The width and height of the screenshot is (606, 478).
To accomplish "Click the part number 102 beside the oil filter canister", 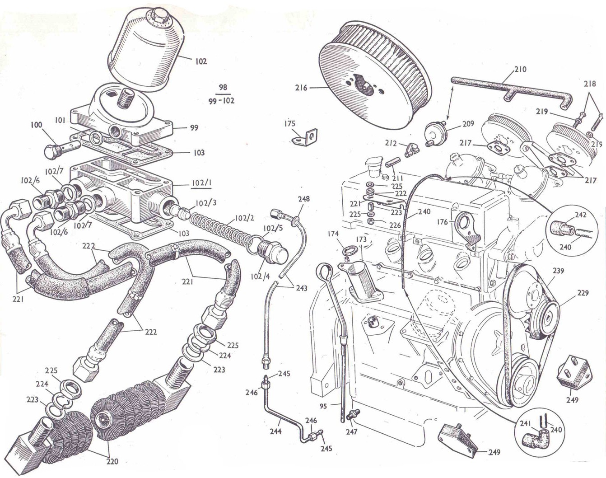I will coord(201,61).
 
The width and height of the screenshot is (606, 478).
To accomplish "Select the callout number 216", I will coord(301,88).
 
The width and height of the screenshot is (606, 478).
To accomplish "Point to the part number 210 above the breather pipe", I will coord(520,70).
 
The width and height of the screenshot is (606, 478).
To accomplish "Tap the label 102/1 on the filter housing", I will coord(201,183).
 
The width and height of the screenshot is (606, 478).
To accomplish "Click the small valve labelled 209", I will coord(436,133).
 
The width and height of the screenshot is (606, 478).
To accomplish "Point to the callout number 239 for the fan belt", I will coord(558,271).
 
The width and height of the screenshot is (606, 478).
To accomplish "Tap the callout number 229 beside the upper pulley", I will coord(583,294).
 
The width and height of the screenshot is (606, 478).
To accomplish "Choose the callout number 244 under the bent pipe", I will coord(275,431).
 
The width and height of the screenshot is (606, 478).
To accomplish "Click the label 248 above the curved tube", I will coord(304,199).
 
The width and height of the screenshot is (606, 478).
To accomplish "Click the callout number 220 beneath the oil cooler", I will coord(112,461).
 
